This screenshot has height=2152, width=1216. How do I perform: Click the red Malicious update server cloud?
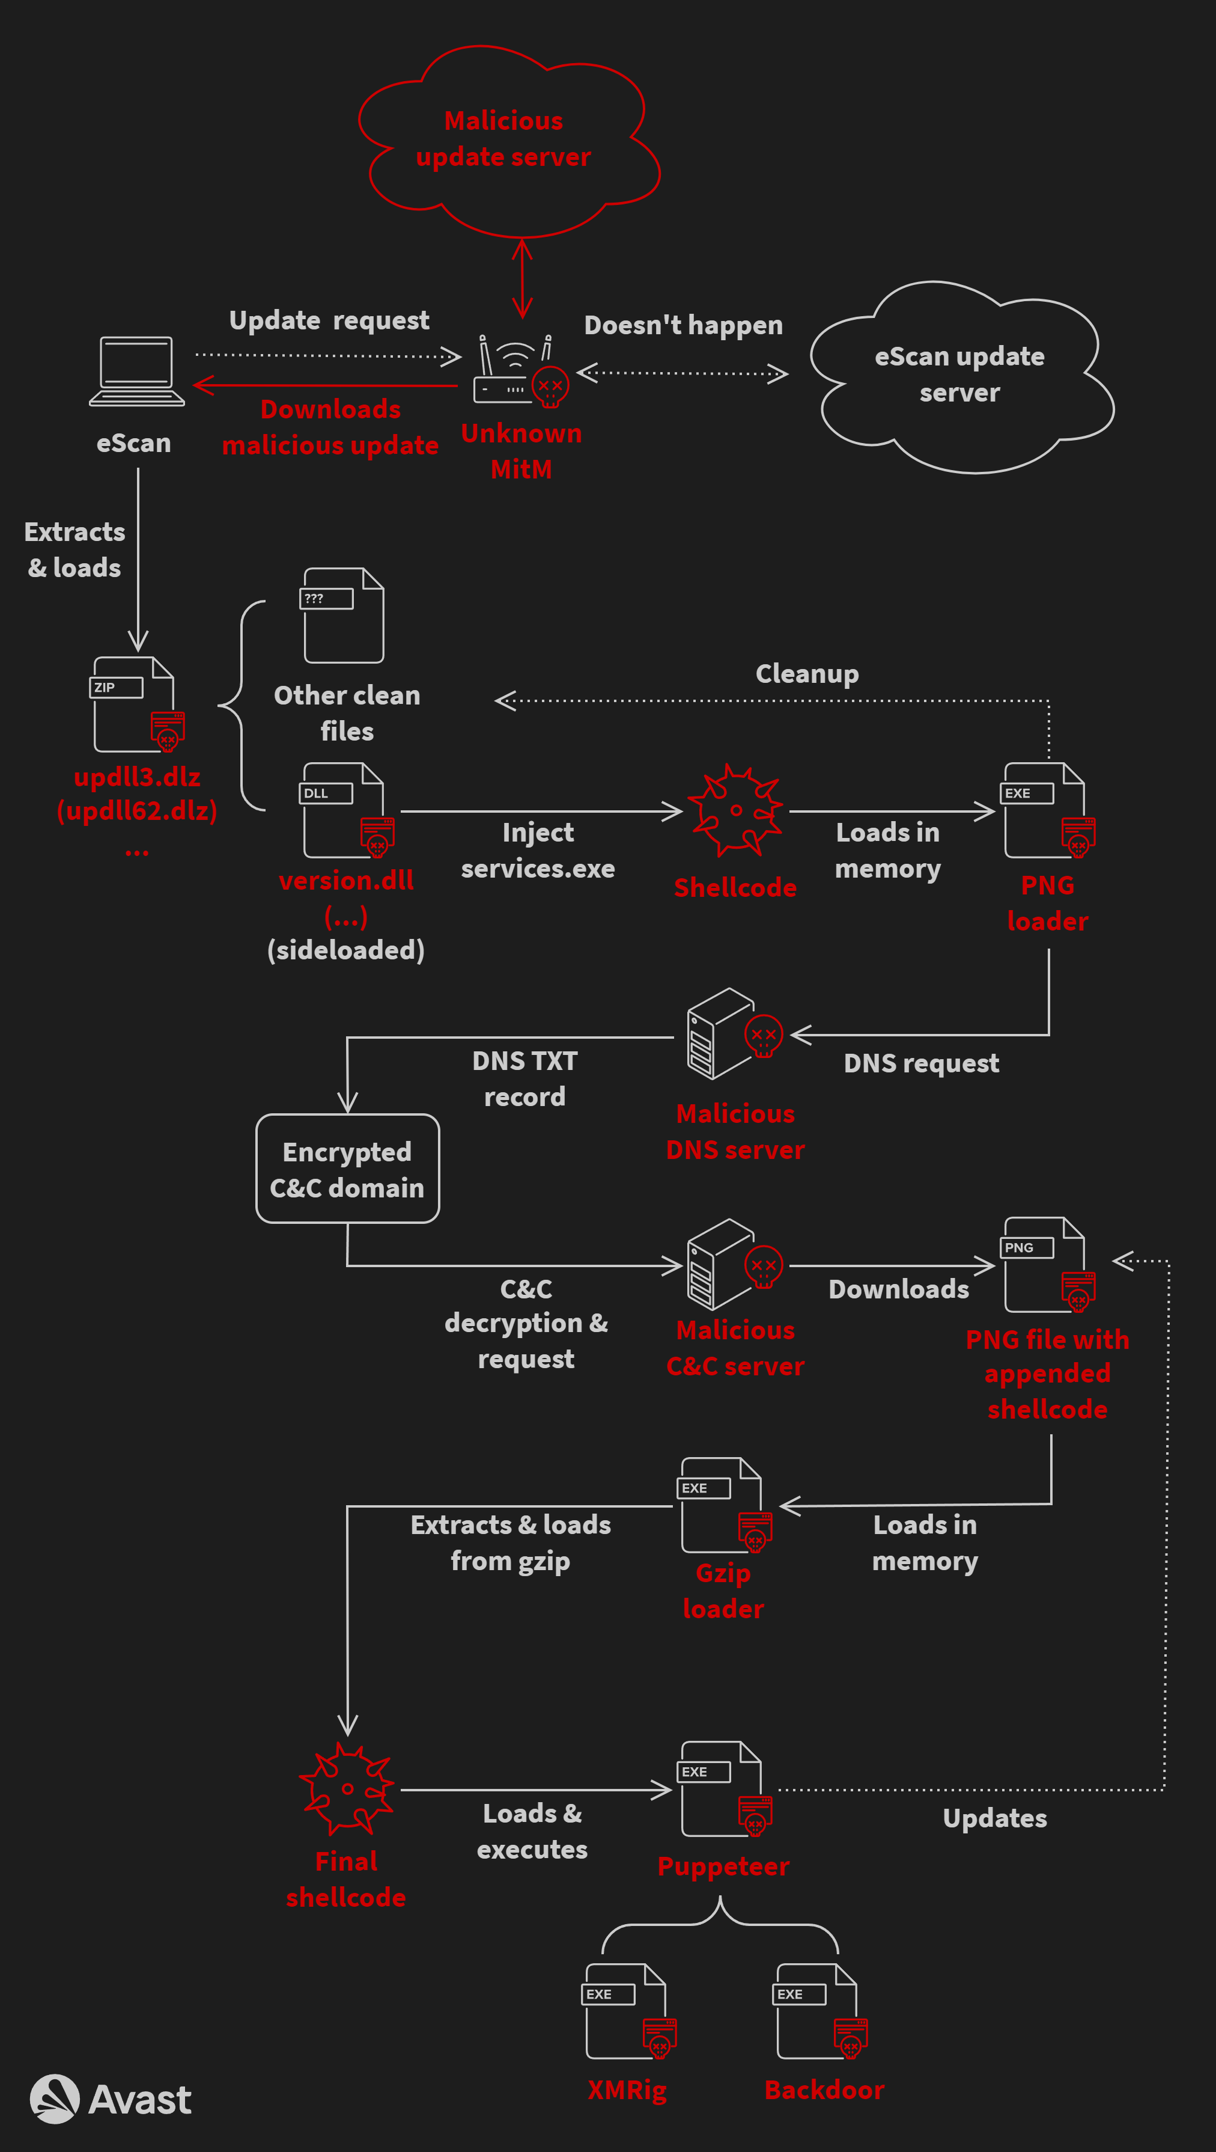pos(507,139)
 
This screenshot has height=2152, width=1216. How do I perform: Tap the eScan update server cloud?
pos(961,376)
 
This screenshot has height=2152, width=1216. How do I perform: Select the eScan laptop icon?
pos(137,371)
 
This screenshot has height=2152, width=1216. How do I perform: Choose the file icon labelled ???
pos(343,616)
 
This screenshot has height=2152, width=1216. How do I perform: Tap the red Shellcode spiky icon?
pos(735,810)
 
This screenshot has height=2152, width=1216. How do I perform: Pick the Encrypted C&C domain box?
pos(347,1169)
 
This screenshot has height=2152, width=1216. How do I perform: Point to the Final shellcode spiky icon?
pos(347,1788)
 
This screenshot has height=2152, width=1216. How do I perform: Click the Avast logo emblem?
pos(54,2099)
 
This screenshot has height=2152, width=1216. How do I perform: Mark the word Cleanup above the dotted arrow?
pos(807,673)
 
